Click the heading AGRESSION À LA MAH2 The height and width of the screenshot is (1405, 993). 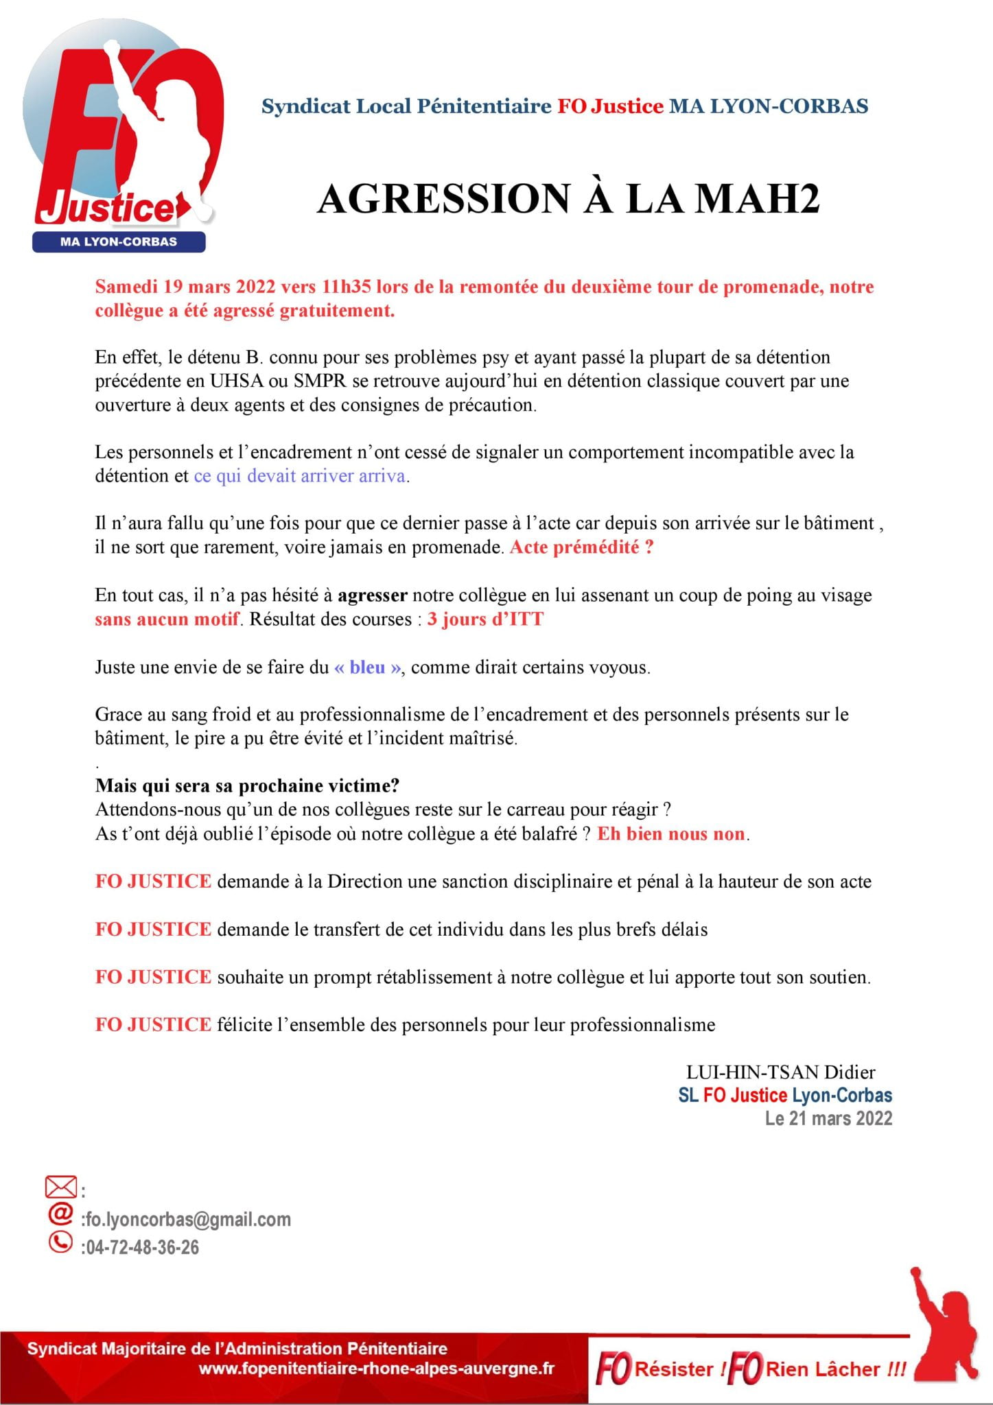[568, 200]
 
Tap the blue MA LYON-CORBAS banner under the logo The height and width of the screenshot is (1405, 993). [119, 242]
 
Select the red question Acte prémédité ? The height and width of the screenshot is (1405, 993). [581, 547]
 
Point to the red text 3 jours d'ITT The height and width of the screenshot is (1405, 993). [484, 619]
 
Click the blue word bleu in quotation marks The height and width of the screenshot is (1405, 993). [368, 667]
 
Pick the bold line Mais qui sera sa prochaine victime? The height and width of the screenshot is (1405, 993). [247, 786]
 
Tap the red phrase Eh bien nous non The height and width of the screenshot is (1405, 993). [670, 834]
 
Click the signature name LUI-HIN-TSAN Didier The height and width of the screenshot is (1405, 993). [780, 1072]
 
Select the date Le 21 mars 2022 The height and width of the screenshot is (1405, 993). [828, 1118]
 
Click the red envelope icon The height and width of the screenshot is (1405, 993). [60, 1187]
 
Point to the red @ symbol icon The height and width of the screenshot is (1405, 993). [60, 1214]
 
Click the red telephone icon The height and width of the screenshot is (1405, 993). [60, 1242]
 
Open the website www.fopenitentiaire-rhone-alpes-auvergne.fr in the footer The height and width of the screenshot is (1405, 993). [376, 1369]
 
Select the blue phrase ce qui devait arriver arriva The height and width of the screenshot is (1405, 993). [300, 476]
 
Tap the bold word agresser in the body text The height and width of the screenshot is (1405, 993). [372, 595]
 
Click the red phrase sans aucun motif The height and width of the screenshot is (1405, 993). [167, 619]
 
